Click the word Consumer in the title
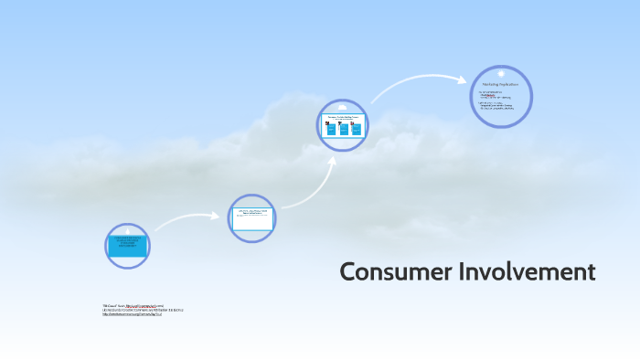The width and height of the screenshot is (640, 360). (x=384, y=272)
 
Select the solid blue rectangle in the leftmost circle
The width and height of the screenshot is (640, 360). (x=127, y=244)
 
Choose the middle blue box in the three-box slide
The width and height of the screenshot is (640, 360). (x=344, y=129)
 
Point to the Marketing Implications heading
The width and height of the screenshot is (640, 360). (x=500, y=84)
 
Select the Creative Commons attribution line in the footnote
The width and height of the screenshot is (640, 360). (x=143, y=311)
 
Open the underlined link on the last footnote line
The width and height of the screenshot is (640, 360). (x=133, y=315)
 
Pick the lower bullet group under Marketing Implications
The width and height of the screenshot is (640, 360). (x=498, y=106)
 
